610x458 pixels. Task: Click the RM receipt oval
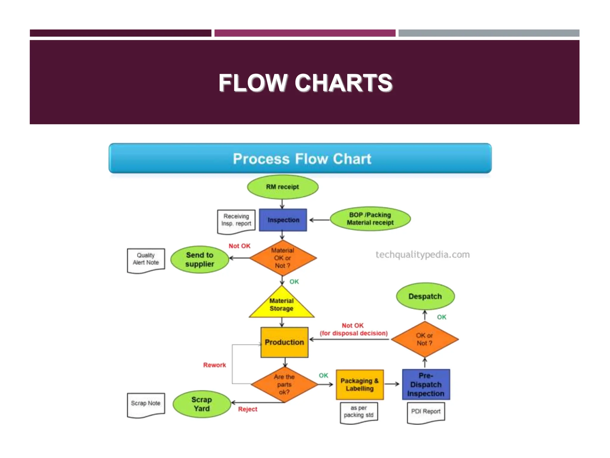click(x=282, y=187)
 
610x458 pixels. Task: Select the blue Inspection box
click(x=283, y=220)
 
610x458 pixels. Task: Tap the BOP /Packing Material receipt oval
click(x=370, y=219)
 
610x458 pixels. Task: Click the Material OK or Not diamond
click(x=283, y=258)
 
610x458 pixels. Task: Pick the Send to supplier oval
click(x=200, y=259)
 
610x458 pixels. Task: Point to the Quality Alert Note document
click(x=146, y=260)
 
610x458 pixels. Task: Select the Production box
click(x=284, y=342)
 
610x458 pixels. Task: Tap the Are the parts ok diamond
click(x=284, y=384)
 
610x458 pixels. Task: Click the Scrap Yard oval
click(x=202, y=404)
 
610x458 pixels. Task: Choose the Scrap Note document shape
click(x=146, y=404)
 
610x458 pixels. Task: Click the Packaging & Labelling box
click(x=360, y=385)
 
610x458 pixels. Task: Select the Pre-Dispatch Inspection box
click(x=426, y=385)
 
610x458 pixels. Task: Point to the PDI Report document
click(x=426, y=412)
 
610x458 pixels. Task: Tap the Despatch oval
click(x=425, y=296)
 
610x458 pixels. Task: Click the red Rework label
click(x=214, y=365)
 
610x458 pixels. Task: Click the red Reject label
click(x=248, y=409)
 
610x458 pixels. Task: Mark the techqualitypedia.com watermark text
click(x=422, y=255)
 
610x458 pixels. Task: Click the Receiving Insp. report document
click(x=236, y=221)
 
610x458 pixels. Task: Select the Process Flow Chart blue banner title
click(x=302, y=159)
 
